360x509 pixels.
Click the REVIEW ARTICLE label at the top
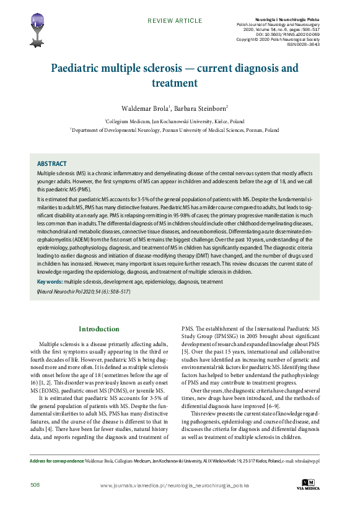[x=170, y=21]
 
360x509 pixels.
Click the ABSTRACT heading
[x=52, y=163]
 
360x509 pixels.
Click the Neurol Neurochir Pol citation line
[x=84, y=290]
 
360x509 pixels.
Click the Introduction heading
[x=99, y=329]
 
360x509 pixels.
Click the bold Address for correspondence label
[x=56, y=461]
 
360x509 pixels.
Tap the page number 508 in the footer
[x=35, y=485]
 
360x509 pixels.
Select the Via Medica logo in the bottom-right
[x=307, y=485]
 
